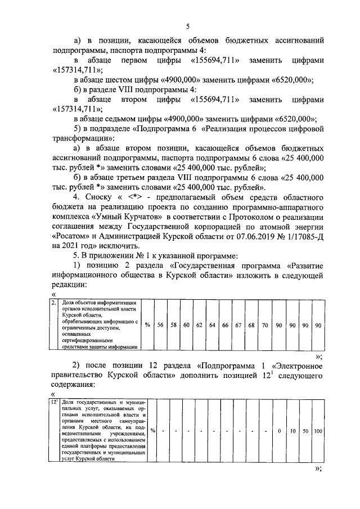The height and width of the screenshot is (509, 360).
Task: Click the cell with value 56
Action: click(x=160, y=325)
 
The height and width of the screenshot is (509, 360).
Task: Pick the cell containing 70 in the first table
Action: click(x=265, y=325)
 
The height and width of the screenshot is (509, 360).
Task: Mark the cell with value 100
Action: click(x=318, y=431)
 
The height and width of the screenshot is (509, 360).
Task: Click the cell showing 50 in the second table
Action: click(x=305, y=431)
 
